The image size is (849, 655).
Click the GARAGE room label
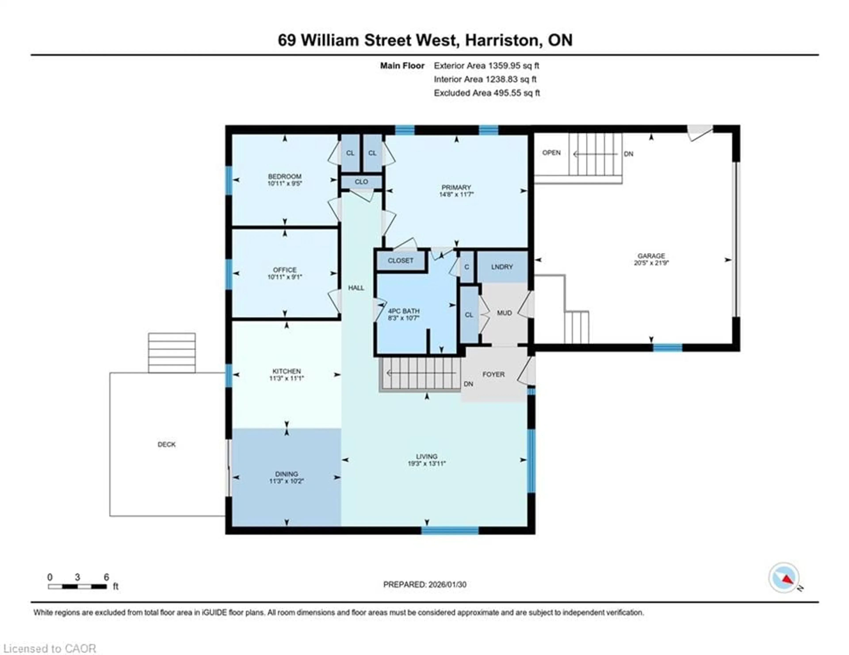(x=651, y=256)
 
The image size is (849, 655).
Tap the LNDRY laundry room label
(x=502, y=267)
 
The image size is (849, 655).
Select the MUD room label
(x=504, y=313)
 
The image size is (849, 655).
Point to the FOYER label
(x=493, y=374)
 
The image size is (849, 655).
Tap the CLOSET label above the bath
(x=400, y=260)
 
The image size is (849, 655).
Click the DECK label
(x=166, y=444)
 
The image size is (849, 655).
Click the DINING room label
(x=287, y=474)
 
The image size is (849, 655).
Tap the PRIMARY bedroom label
(x=456, y=187)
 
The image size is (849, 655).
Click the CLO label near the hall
(x=361, y=181)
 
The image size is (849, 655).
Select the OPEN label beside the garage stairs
(x=551, y=153)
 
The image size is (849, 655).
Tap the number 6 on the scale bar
(x=106, y=577)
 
